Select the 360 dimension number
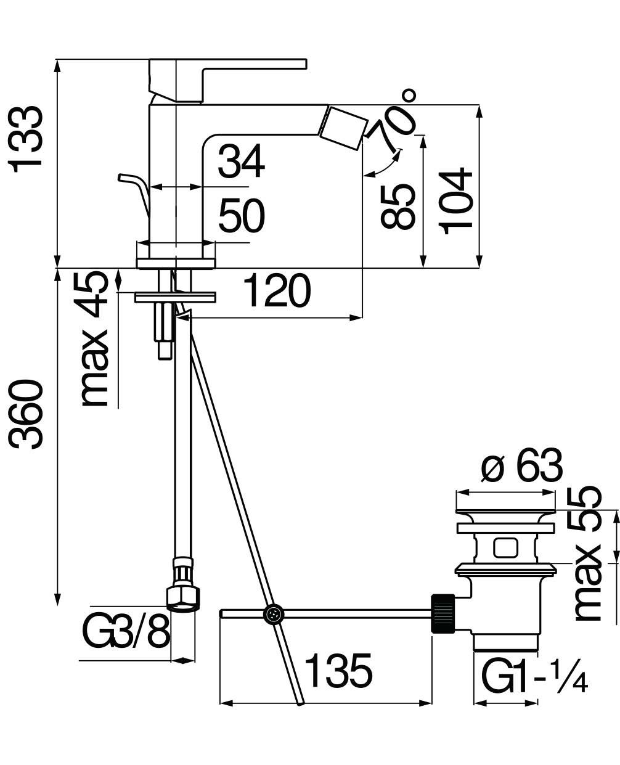click(26, 414)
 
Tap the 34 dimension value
click(242, 162)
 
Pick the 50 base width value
click(242, 216)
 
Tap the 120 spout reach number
click(277, 290)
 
